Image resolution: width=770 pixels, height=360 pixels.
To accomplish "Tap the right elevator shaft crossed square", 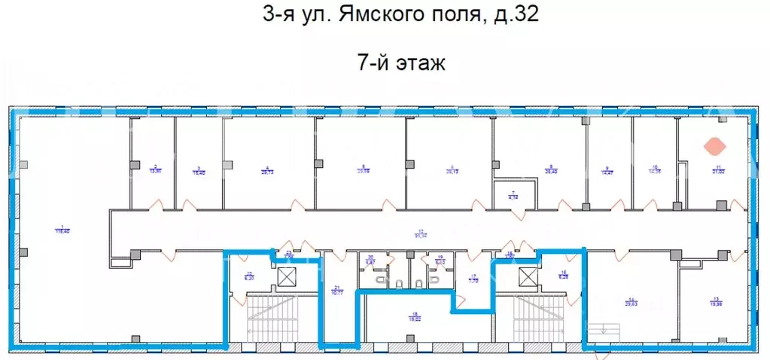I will pos(528,277).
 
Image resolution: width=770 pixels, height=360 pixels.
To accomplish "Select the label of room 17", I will pos(473,278).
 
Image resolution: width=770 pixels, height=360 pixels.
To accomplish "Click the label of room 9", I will pos(606,170).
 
